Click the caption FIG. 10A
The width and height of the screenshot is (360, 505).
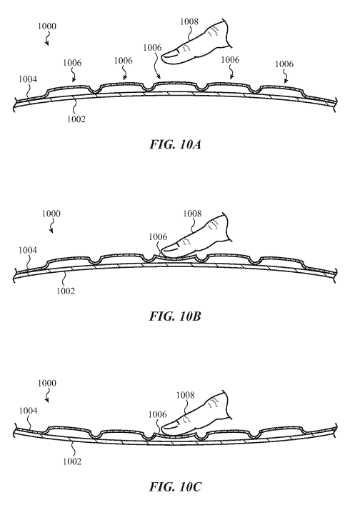point(176,144)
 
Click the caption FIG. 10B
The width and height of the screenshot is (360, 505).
point(175,316)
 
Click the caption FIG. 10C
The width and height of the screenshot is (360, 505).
point(176,486)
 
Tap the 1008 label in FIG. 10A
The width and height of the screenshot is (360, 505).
point(189,21)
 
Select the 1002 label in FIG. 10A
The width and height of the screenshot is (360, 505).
point(76,119)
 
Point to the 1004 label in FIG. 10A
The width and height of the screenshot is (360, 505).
point(28,79)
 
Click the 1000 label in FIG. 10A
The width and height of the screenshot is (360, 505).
point(47,26)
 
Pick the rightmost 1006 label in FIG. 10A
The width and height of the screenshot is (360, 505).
point(284,64)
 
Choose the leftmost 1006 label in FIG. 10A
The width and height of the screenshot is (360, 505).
point(72,62)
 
